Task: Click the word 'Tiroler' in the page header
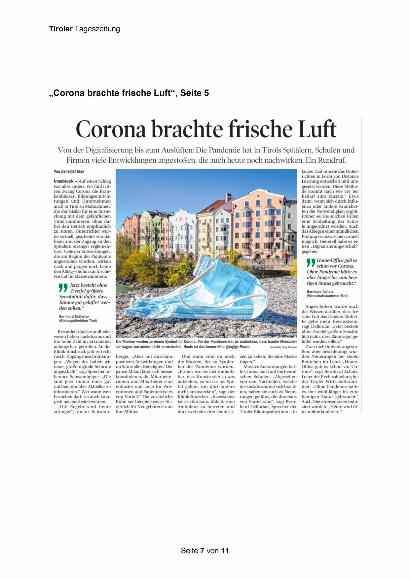61,29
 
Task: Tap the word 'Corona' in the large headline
111,129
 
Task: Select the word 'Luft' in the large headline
317,129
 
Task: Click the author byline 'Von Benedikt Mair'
69,171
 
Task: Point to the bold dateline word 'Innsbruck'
63,181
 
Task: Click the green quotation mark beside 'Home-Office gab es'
311,263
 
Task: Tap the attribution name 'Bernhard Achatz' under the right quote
320,291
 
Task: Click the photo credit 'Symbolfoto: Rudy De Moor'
283,347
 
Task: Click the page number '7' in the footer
202,551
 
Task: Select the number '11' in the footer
225,551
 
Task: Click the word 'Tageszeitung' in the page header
97,29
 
